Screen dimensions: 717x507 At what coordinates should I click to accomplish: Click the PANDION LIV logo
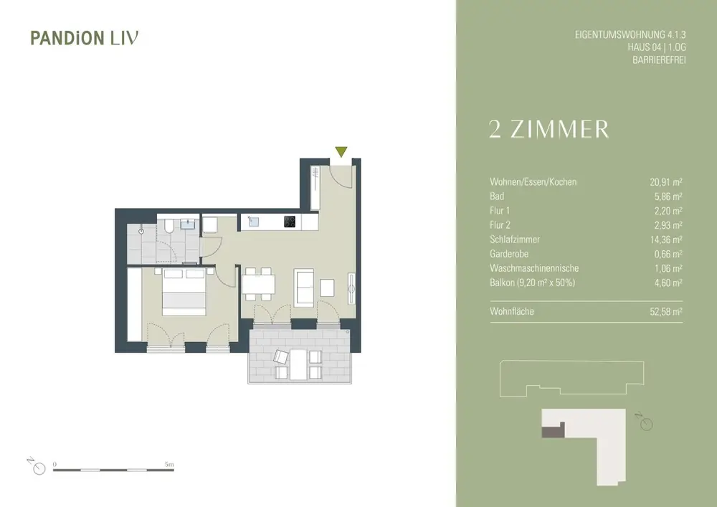point(85,38)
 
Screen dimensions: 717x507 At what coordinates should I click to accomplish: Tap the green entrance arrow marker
point(341,152)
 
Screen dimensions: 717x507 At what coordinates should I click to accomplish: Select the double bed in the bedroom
point(184,292)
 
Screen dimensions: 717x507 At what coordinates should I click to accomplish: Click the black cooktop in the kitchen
point(290,222)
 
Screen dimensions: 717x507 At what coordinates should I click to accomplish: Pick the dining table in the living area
point(258,284)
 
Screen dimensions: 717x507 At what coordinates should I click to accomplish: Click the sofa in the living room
point(303,288)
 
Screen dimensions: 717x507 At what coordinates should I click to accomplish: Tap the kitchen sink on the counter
point(253,222)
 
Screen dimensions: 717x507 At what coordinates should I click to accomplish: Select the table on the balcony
point(298,364)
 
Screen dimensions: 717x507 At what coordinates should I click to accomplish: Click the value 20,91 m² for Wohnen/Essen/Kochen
point(666,182)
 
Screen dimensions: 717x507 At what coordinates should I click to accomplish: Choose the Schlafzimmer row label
point(514,240)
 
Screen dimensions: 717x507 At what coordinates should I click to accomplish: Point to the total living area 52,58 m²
point(666,312)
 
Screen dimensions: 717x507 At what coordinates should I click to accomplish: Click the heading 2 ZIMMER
point(549,129)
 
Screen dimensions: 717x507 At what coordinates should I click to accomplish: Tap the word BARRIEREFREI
point(659,60)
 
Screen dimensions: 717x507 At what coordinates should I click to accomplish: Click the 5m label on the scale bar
point(169,465)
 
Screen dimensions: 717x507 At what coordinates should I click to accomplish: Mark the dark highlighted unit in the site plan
point(553,430)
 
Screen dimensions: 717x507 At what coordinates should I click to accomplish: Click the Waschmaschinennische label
point(534,268)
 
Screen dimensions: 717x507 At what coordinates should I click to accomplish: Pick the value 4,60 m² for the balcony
point(668,283)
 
